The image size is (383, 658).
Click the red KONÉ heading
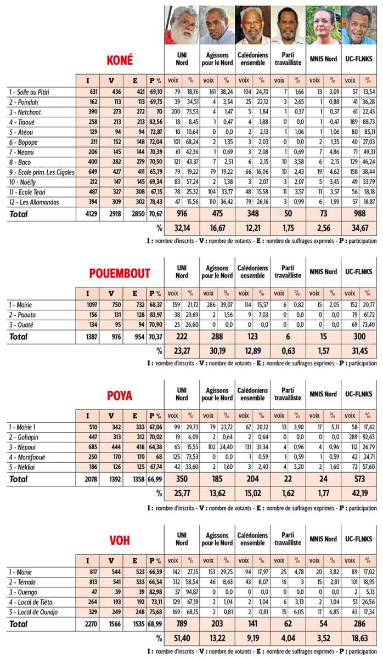click(x=119, y=60)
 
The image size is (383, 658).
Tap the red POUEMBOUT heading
click(x=120, y=273)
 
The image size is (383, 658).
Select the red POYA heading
click(x=119, y=395)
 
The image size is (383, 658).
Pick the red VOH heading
click(x=119, y=541)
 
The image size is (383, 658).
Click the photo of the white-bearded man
click(x=182, y=25)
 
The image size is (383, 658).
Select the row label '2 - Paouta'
click(x=21, y=315)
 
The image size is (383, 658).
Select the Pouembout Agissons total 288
click(x=217, y=336)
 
